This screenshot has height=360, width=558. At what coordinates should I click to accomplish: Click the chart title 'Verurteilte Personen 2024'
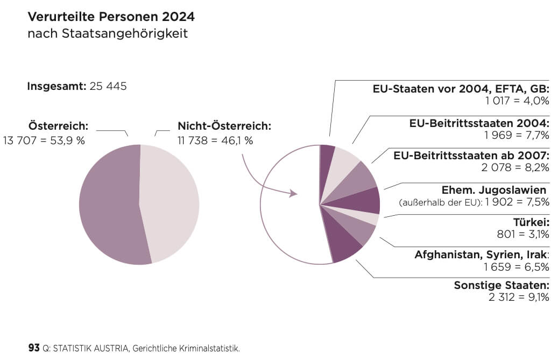pyautogui.click(x=111, y=17)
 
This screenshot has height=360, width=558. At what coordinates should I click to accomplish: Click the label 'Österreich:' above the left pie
pyautogui.click(x=58, y=126)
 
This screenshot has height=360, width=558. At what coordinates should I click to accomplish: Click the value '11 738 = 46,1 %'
pyautogui.click(x=215, y=140)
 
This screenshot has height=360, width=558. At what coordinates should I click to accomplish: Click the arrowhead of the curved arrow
pyautogui.click(x=294, y=193)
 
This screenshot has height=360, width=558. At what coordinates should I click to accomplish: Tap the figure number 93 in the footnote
pyautogui.click(x=34, y=348)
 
